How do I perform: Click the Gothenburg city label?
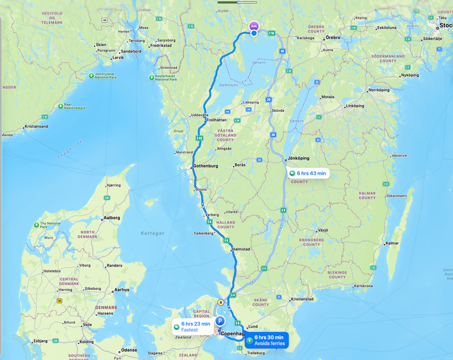tap(205, 166)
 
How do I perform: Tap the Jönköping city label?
tap(299, 158)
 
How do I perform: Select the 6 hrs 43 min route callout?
tap(308, 173)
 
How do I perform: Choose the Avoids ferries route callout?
tap(269, 340)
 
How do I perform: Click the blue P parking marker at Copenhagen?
tap(220, 321)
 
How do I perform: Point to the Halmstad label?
tap(242, 249)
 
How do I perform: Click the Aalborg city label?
tap(112, 217)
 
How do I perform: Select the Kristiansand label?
tap(37, 127)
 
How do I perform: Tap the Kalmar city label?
tap(393, 243)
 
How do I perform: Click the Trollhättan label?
tap(216, 120)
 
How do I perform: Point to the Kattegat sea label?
tap(153, 233)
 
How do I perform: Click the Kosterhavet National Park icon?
tap(151, 77)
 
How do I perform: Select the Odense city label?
tap(129, 350)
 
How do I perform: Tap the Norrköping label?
tap(379, 90)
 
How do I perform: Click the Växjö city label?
tap(323, 230)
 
